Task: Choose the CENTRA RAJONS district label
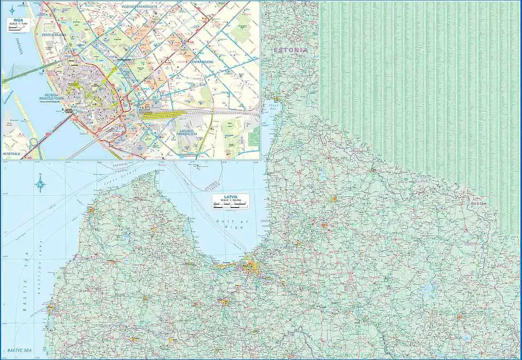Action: (x=202, y=62)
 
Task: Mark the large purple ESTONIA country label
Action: (x=290, y=50)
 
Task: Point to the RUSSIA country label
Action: (x=478, y=203)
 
